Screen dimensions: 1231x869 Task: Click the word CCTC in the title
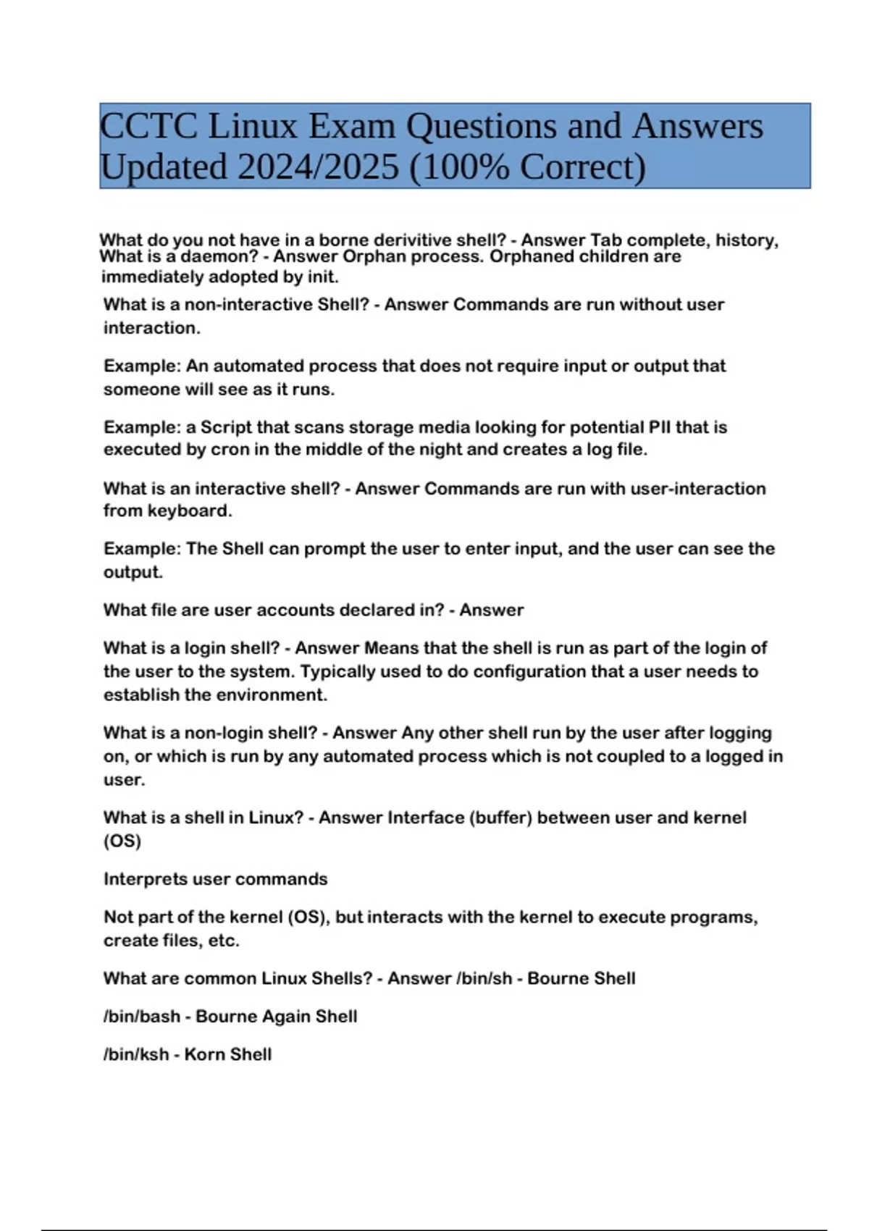[x=148, y=126]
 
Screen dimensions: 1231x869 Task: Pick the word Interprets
[x=144, y=879]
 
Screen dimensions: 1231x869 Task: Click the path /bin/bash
[x=142, y=1016]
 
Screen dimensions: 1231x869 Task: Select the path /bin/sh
[x=484, y=978]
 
